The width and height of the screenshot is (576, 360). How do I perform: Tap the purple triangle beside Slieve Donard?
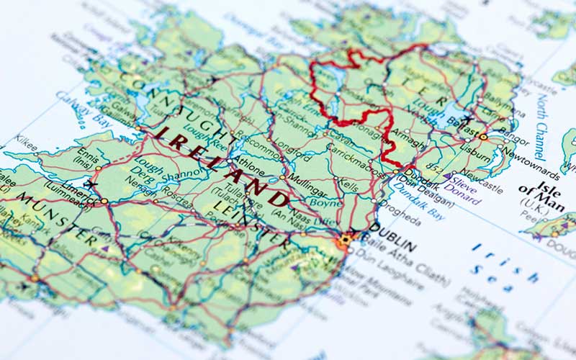coord(446,176)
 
